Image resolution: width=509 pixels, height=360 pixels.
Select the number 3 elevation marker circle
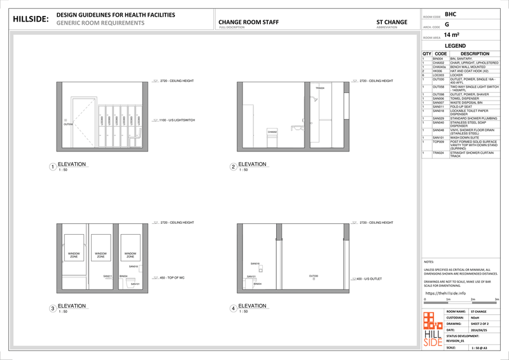coord(53,309)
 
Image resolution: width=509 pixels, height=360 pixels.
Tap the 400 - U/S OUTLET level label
coord(366,279)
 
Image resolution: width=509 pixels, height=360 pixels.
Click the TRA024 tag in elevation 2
coord(319,88)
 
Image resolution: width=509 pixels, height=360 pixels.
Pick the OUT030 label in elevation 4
coord(313,276)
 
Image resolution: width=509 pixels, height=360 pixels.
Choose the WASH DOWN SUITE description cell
coord(466,137)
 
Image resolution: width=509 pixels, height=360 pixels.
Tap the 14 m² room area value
coord(452,36)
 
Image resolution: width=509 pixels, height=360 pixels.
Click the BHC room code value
coord(450,14)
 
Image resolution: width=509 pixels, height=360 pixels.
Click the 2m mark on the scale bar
coord(472,298)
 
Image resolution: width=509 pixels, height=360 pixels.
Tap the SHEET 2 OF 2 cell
coord(479,324)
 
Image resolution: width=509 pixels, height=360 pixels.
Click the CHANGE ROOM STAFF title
coord(248,22)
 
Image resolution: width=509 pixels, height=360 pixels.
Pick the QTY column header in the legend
coord(426,53)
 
